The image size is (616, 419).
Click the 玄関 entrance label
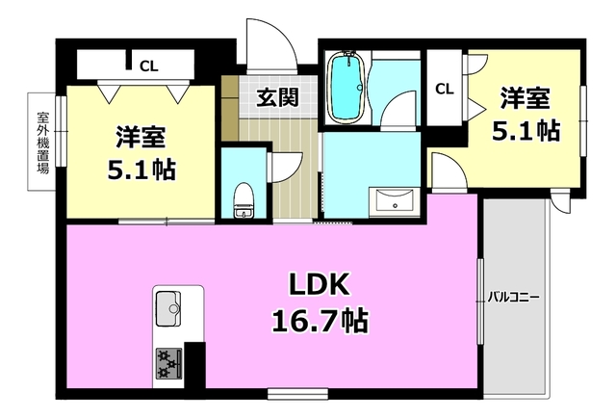click(x=275, y=96)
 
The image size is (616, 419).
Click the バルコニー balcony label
click(x=510, y=297)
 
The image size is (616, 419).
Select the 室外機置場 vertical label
click(x=43, y=142)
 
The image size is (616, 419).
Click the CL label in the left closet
click(x=148, y=65)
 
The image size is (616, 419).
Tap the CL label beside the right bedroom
click(x=444, y=90)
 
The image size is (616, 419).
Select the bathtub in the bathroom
click(x=344, y=90)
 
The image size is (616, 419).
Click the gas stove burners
click(x=169, y=362)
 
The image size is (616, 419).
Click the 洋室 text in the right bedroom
click(x=524, y=99)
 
